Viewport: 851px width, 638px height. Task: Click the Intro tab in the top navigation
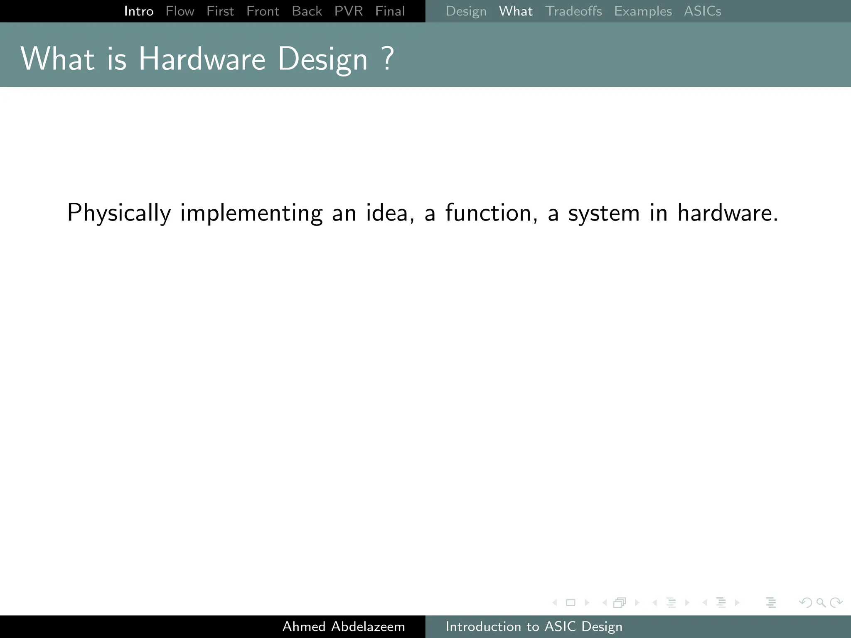tap(139, 11)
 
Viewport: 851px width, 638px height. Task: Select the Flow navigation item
tap(180, 11)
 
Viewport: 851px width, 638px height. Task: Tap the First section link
tap(220, 11)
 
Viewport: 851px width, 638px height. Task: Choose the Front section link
tap(263, 11)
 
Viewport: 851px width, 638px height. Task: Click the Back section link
tap(307, 11)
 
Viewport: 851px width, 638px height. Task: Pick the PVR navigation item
tap(349, 11)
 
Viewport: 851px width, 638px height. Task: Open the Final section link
tap(390, 11)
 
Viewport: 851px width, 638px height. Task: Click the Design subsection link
tap(466, 11)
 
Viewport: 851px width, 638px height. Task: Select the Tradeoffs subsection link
tap(573, 11)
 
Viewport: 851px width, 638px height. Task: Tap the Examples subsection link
tap(643, 11)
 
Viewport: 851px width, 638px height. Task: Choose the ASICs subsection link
tap(703, 11)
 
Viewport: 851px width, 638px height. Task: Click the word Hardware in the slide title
tap(202, 59)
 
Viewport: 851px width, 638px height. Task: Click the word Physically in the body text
tap(119, 213)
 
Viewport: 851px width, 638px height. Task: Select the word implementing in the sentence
tap(251, 213)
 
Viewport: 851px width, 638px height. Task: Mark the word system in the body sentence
tap(604, 213)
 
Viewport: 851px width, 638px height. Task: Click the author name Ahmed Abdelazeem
tap(344, 626)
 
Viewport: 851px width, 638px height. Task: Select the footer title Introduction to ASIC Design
tap(534, 626)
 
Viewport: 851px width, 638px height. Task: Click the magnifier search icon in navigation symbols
tap(821, 602)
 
